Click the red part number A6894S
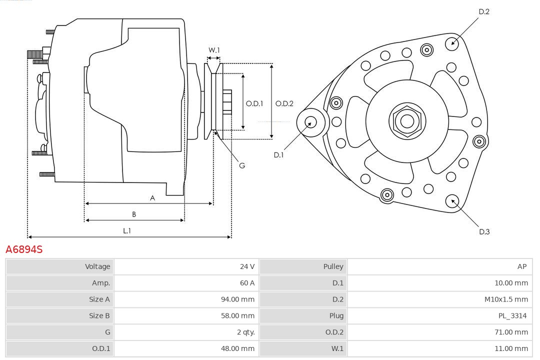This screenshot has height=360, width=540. (x=24, y=249)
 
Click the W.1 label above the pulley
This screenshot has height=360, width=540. (x=214, y=50)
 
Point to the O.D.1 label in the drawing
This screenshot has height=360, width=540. (x=254, y=104)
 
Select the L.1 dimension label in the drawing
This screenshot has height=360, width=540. (x=127, y=230)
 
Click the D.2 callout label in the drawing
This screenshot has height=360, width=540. (x=484, y=11)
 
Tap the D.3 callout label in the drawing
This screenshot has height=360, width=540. (x=484, y=231)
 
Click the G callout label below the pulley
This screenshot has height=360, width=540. (x=242, y=165)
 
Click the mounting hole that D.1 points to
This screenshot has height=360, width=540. (x=310, y=121)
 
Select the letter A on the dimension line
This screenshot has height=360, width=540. (x=152, y=198)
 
